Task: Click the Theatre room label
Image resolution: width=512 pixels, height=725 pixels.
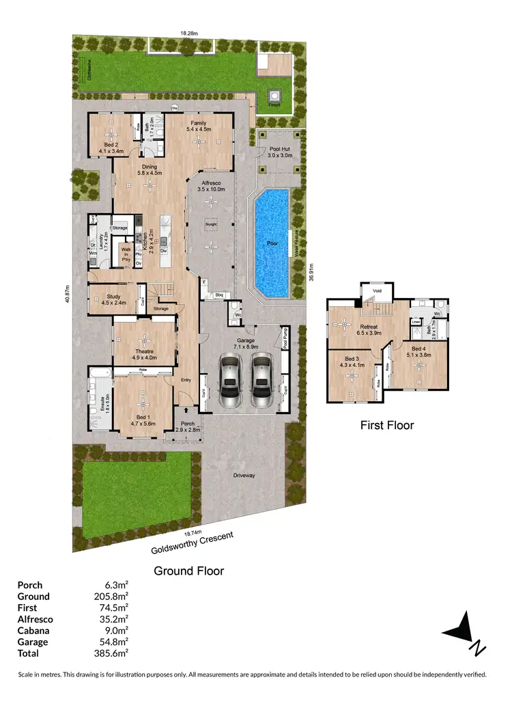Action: [x=144, y=353]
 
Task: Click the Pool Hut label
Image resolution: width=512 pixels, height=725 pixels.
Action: [x=279, y=152]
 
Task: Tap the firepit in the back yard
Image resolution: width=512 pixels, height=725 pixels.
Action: [x=275, y=96]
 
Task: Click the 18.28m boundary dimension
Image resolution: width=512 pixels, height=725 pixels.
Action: [x=189, y=32]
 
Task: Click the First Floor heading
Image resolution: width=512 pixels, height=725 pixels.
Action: [x=387, y=425]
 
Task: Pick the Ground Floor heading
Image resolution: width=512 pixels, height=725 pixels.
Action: [x=188, y=570]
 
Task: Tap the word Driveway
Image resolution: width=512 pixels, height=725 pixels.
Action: [x=244, y=476]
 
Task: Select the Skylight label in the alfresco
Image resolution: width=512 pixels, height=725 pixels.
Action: [x=211, y=223]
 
